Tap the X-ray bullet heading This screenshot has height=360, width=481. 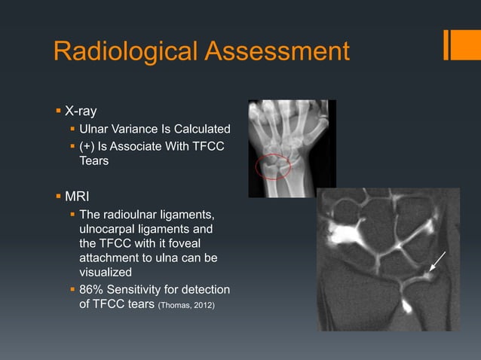pyautogui.click(x=80, y=111)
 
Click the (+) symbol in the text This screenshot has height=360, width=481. pyautogui.click(x=87, y=145)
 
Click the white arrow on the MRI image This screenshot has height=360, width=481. pyautogui.click(x=438, y=262)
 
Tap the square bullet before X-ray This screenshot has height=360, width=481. pyautogui.click(x=58, y=111)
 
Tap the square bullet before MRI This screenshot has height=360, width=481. pyautogui.click(x=58, y=197)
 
